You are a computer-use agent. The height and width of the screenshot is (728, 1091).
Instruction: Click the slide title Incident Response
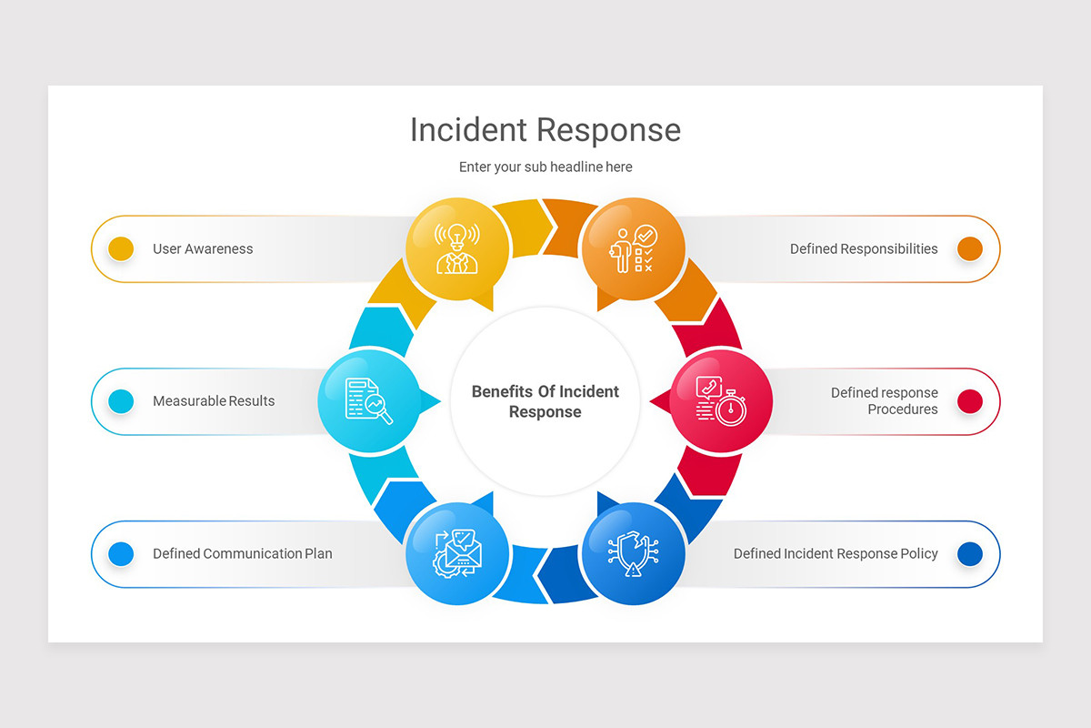coord(545,130)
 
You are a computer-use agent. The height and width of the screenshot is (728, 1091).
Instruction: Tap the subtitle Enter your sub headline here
coord(545,167)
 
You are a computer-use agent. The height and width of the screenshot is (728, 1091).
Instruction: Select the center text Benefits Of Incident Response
coord(545,401)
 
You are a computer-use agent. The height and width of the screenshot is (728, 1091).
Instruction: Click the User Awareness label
coord(203,248)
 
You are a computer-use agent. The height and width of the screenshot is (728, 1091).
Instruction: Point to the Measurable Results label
coord(214,401)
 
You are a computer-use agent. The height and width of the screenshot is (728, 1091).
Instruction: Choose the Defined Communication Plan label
coord(242,553)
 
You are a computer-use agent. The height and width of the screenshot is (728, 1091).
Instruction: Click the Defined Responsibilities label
coord(864,248)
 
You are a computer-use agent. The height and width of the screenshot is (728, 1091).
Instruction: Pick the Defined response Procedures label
coord(884,401)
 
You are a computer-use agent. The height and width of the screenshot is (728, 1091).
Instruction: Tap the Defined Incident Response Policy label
coord(836,553)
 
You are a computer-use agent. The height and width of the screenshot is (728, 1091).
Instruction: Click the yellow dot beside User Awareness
coord(121,248)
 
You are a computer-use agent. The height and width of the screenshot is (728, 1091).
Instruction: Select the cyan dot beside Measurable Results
coord(121,401)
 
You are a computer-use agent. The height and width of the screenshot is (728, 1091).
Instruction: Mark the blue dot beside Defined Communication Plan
coord(121,553)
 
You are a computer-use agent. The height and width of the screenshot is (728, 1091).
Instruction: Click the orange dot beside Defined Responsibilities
coord(970,248)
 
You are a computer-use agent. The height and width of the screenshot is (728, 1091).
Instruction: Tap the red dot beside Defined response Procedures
coord(970,401)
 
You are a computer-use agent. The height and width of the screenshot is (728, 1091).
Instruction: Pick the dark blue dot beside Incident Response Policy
coord(970,553)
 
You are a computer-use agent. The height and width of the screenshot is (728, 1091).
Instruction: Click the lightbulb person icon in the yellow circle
coord(457,248)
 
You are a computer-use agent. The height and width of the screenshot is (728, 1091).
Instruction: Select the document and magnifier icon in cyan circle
coord(369,400)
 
